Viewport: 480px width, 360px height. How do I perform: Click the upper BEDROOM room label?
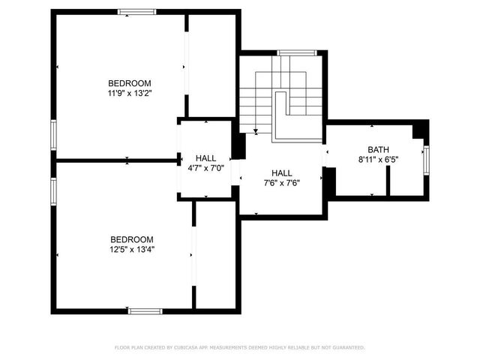click(130, 83)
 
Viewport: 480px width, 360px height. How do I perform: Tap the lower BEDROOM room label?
click(131, 239)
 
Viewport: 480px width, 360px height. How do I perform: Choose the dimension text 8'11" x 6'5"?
click(378, 159)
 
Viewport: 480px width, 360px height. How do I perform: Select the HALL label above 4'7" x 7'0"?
click(205, 158)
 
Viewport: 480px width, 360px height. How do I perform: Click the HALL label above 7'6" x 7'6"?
click(282, 172)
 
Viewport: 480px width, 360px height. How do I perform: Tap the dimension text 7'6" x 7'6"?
click(282, 181)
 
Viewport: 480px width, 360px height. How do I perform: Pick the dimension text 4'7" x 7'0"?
click(205, 168)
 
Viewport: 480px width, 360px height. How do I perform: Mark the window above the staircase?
click(289, 52)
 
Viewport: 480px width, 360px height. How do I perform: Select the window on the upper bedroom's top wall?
click(136, 11)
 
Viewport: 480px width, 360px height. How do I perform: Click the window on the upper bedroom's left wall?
click(53, 134)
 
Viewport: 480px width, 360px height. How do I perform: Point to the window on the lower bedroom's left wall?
click(53, 192)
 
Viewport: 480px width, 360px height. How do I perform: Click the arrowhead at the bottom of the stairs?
click(256, 132)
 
